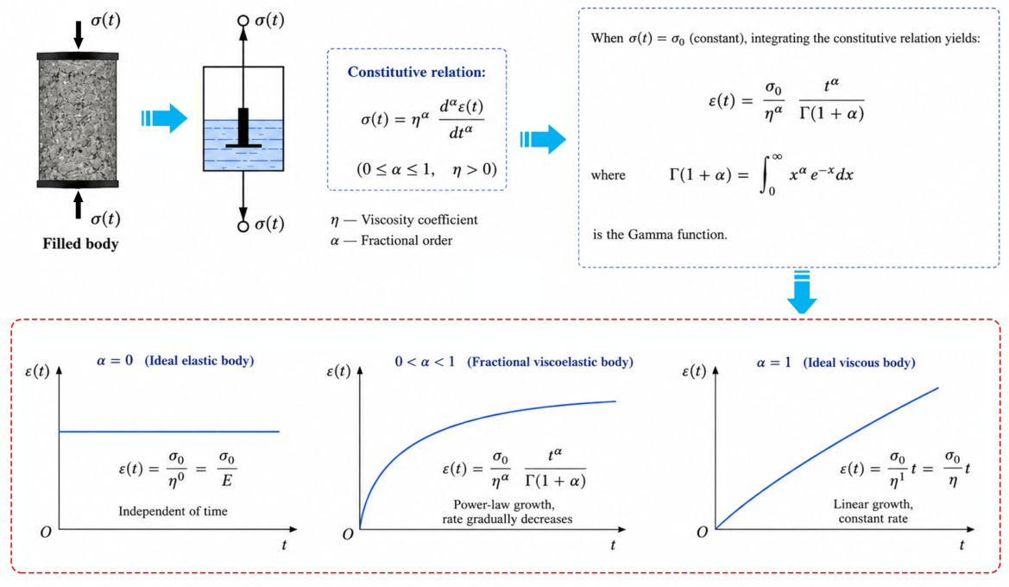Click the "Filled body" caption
coord(80,244)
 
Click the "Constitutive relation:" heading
coord(416,73)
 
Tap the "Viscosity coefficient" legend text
coord(419,220)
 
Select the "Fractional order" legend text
coord(406,241)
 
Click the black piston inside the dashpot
coord(243,128)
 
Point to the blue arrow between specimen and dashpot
coord(164,117)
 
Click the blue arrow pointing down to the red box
coord(802,293)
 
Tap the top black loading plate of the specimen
coord(78,57)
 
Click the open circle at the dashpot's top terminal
coord(243,21)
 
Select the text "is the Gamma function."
coord(660,235)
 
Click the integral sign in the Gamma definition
coord(766,174)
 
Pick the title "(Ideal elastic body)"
coord(199,361)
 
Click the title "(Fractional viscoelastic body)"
coord(550,362)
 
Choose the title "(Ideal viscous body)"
coord(859,363)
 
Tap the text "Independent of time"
coord(173,512)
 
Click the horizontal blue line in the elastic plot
coord(169,432)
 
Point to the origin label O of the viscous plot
coord(702,533)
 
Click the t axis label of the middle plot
coord(613,546)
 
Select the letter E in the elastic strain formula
coord(226,480)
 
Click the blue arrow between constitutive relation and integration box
coord(543,139)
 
